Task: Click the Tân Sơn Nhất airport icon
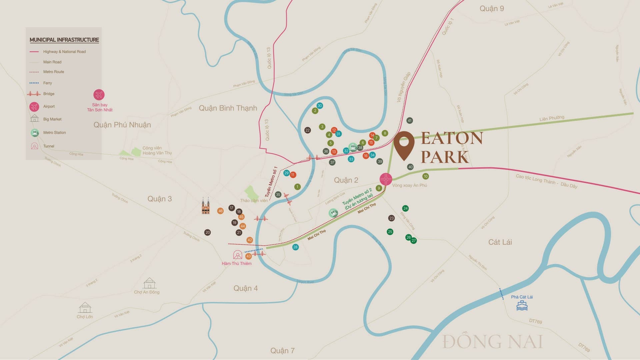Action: [99, 95]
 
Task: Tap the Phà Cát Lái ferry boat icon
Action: [522, 305]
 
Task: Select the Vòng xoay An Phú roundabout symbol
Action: [386, 179]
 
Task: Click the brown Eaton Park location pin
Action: [404, 145]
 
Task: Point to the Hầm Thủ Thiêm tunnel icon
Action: [238, 255]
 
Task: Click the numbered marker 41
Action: [410, 121]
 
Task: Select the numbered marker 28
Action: [295, 247]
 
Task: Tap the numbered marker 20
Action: [208, 232]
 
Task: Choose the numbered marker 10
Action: [425, 176]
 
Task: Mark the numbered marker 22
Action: [308, 130]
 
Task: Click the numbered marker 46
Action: [220, 211]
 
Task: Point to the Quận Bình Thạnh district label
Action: [228, 108]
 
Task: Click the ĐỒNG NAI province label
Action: [493, 342]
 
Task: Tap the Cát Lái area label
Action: [500, 242]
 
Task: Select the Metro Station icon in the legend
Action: [35, 133]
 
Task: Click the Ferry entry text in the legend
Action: [48, 83]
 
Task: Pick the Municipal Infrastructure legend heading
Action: [64, 40]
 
